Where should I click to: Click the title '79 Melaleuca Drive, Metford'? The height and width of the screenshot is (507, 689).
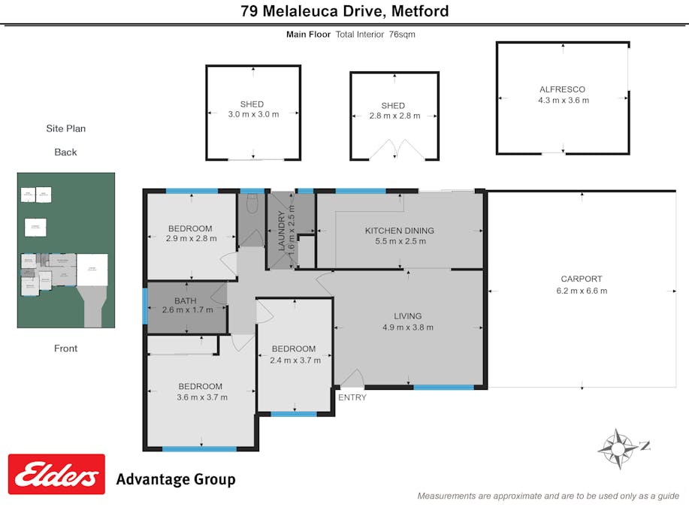coord(344,11)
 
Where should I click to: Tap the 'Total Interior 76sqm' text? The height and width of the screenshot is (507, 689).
coord(375,35)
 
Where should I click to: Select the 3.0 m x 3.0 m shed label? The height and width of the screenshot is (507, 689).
coord(252,110)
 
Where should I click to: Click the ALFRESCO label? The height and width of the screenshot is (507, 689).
coord(563,95)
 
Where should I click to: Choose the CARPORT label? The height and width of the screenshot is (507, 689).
coord(582,285)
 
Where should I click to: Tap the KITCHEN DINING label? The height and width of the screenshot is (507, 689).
coord(399,236)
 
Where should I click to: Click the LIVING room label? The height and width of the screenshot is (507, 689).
coord(408,321)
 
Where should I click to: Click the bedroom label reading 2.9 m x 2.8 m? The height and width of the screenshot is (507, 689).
coord(190,234)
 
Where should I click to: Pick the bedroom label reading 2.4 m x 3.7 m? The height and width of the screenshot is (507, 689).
coord(295,355)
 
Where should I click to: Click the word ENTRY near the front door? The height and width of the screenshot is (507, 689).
coord(352,397)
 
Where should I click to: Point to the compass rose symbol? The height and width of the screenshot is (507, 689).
coord(618,448)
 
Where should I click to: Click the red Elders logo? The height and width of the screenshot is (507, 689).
coord(56,474)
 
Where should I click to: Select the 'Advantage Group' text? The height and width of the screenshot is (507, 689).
coord(175,479)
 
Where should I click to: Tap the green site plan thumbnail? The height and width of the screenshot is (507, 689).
coord(66,250)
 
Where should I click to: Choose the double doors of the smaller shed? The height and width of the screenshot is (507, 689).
coord(394,149)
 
